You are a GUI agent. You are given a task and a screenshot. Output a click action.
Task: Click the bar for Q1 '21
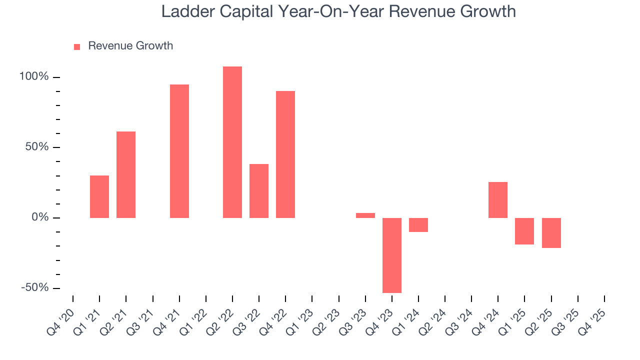point(99,196)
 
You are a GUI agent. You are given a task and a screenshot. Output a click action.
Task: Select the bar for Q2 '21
point(126,174)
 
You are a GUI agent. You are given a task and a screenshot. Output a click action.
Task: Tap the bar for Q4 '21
point(179,151)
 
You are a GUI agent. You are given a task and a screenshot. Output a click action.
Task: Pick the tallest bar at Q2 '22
point(232,142)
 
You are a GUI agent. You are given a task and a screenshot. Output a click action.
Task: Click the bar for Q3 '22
point(259,190)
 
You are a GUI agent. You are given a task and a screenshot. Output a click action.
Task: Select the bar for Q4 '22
point(285,154)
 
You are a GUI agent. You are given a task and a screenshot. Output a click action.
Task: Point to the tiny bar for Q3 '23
point(365,215)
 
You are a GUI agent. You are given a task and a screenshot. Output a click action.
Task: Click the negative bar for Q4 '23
point(392,255)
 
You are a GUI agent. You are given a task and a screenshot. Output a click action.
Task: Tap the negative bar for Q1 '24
point(418,225)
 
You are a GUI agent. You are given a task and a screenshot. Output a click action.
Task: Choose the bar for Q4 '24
point(498,200)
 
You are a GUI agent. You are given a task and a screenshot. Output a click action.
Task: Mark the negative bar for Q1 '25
point(524,231)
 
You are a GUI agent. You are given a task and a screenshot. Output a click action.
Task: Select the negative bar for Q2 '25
point(551,233)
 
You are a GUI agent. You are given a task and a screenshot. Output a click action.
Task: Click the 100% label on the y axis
point(34,77)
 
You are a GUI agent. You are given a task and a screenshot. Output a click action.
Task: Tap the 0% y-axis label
point(39,218)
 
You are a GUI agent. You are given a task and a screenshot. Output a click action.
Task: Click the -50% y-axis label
point(34,288)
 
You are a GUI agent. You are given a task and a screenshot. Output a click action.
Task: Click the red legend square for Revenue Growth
point(77,46)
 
